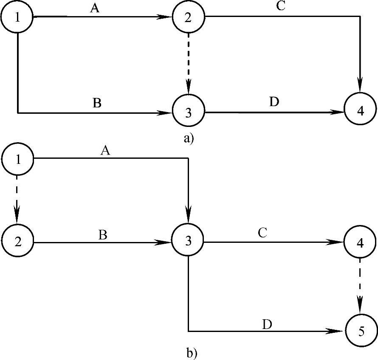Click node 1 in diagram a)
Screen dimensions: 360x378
coord(17,17)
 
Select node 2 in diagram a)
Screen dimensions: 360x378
coord(188,17)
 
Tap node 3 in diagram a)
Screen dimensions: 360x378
coord(188,113)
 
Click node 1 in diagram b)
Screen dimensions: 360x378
coord(17,158)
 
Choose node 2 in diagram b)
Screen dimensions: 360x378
coord(17,242)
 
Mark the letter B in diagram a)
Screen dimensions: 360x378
coord(97,104)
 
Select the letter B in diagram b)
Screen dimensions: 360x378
coord(102,235)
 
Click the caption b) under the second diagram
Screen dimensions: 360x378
coord(192,352)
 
